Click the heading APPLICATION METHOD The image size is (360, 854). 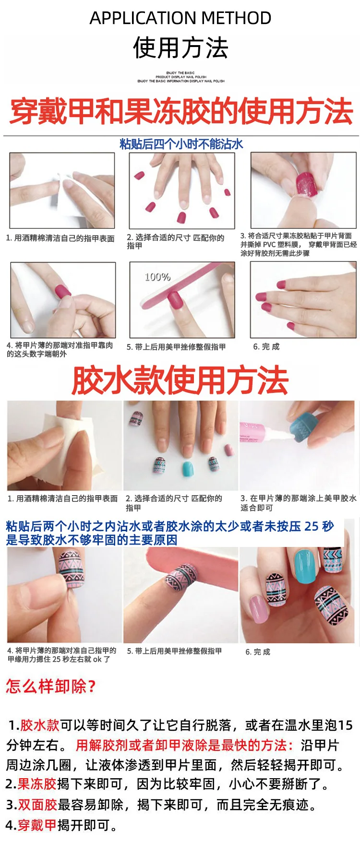click(x=180, y=18)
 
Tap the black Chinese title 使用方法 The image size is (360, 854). click(x=180, y=47)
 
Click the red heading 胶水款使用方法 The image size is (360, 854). click(x=180, y=380)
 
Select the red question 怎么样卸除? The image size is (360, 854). click(x=51, y=686)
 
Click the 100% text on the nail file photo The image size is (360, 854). click(x=157, y=277)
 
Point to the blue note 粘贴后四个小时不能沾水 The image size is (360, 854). click(x=181, y=144)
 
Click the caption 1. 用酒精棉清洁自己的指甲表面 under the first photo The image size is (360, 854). click(x=60, y=238)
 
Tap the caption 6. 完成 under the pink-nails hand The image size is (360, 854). click(x=266, y=346)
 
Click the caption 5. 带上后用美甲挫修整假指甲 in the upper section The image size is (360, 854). click(x=176, y=347)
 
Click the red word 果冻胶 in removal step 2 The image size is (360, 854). click(x=37, y=784)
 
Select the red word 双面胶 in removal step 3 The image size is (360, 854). click(x=38, y=805)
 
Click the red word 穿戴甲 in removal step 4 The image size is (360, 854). click(x=37, y=825)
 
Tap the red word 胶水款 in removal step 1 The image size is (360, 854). click(x=39, y=725)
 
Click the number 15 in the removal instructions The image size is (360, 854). click(x=345, y=725)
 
